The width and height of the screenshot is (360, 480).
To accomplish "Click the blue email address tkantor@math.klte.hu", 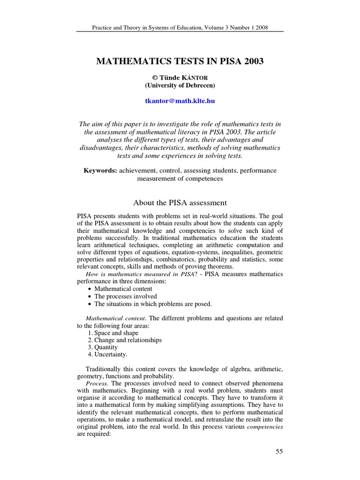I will (x=180, y=101).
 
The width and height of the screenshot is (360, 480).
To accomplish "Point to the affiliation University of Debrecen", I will (x=180, y=85).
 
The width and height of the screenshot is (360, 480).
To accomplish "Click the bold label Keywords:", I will (x=100, y=171).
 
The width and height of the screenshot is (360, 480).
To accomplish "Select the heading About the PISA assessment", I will (x=180, y=202).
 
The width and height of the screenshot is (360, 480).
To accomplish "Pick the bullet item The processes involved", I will (x=126, y=296).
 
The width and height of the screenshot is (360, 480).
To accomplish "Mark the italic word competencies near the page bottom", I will (x=265, y=427).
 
